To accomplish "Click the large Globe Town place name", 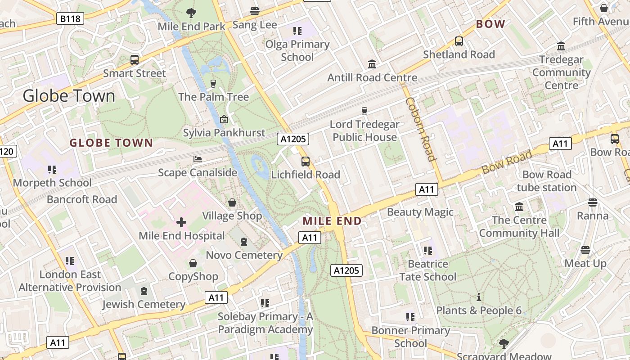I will coord(69,96).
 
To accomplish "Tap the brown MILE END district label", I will coord(332,221).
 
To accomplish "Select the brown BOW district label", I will coord(490,24).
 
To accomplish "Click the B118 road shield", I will coord(71,18).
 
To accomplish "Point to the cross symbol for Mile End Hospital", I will coord(181,222).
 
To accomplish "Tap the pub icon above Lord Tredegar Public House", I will coord(365,111).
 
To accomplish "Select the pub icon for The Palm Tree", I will coord(213,83).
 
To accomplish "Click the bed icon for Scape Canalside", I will coord(198,159).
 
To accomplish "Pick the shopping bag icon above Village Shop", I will coord(232,202).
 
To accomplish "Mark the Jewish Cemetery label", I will coord(144,305).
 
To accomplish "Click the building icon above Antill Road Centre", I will coord(372,64).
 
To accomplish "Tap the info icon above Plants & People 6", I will coord(479,297).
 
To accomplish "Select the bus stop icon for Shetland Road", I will coord(459,41).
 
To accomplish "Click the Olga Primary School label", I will coord(297,50).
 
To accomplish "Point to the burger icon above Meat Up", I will coord(585,250).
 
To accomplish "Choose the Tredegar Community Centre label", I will coord(561,72).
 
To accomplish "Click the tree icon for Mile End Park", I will coord(191,13).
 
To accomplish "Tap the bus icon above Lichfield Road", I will coord(306,161).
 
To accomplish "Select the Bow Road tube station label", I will coord(547,181).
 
